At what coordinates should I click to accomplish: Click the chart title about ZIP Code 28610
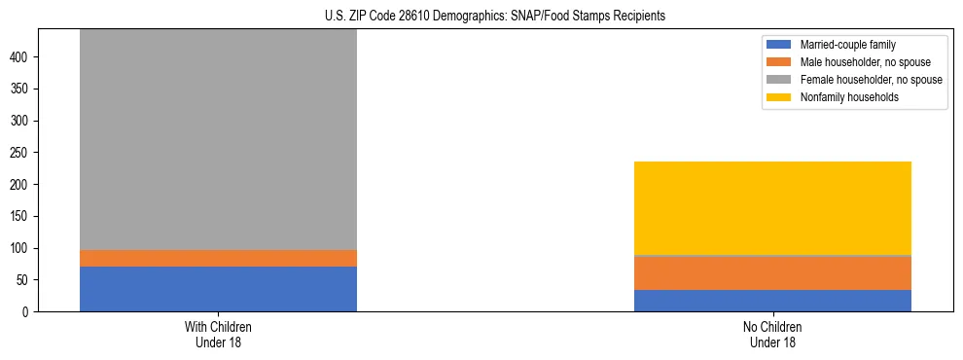[495, 17]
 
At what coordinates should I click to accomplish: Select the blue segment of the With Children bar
[218, 289]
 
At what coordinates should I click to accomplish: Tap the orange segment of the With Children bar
[218, 258]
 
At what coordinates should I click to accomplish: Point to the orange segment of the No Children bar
[772, 273]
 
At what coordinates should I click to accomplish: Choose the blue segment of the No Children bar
[772, 301]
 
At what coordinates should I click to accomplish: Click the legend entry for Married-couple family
[847, 45]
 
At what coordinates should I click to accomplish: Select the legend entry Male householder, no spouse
[865, 62]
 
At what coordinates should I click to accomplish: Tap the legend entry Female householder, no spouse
[870, 80]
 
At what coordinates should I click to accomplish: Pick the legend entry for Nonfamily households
[849, 97]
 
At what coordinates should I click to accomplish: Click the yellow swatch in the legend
[779, 97]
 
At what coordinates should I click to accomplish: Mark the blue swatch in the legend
[779, 45]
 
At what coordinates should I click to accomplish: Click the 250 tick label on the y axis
[22, 153]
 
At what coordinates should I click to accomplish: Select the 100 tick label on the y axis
[22, 248]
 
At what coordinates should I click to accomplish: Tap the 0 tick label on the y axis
[28, 312]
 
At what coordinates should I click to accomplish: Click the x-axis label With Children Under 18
[218, 334]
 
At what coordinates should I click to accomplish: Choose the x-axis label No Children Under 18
[772, 334]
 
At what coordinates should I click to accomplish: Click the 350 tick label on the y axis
[22, 90]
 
